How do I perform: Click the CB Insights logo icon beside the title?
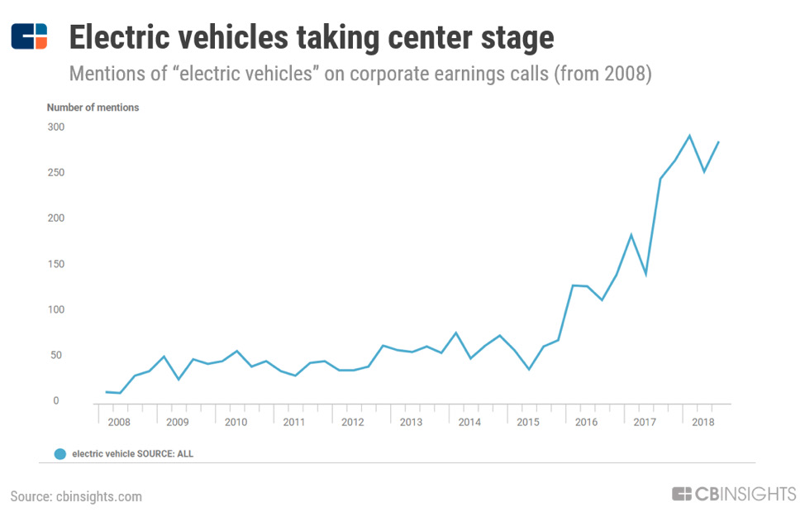tap(29, 36)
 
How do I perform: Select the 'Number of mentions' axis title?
tap(93, 108)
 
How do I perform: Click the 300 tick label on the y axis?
tap(55, 127)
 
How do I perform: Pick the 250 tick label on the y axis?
tap(55, 173)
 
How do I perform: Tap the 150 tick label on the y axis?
tap(55, 265)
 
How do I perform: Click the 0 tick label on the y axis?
tap(57, 401)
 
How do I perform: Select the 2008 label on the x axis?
tap(119, 422)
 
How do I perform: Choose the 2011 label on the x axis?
tap(294, 422)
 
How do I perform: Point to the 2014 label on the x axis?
tap(469, 422)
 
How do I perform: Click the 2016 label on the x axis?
tap(586, 422)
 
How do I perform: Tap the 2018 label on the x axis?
tap(703, 422)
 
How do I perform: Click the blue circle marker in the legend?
tap(60, 454)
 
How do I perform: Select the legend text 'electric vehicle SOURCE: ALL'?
tap(133, 454)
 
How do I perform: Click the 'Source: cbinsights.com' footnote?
tap(76, 496)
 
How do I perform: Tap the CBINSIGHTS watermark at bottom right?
tap(734, 495)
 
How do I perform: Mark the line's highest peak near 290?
tap(689, 136)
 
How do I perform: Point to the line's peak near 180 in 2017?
tap(631, 235)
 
